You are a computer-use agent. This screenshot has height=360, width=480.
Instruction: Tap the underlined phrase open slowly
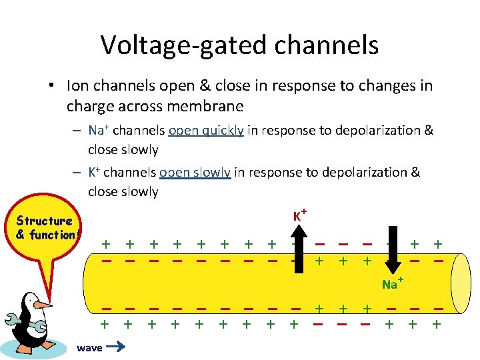click(195, 173)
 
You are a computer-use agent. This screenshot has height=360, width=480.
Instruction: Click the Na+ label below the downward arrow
click(391, 285)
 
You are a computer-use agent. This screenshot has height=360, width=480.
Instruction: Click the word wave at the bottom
click(89, 347)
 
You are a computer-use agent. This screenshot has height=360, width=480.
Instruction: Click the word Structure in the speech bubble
click(45, 221)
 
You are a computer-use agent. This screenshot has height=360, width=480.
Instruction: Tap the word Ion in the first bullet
click(77, 86)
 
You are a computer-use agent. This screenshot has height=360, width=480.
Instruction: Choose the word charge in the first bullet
click(88, 107)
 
